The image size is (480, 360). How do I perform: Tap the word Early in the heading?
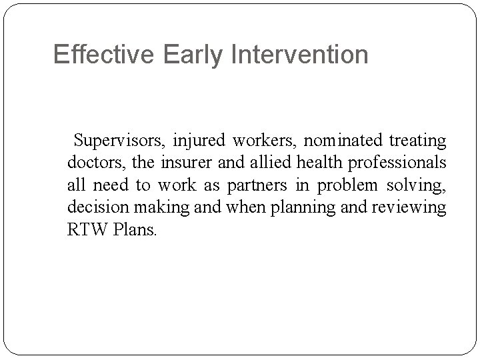tap(193, 55)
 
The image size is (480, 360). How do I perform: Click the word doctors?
tap(92, 163)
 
